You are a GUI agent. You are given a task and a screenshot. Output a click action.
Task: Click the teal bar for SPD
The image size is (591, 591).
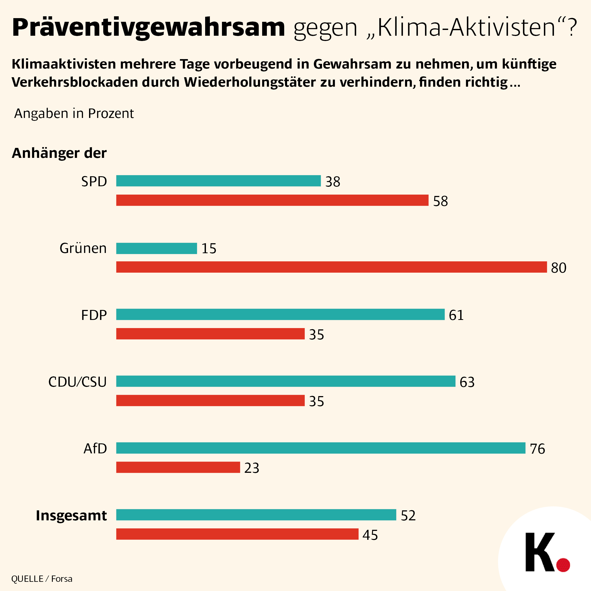[219, 181]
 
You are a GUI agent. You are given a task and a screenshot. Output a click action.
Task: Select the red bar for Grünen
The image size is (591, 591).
[331, 267]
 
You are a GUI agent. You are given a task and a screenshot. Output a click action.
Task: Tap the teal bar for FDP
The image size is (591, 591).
[280, 314]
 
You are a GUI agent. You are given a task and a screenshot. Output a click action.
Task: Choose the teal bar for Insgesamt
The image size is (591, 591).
[256, 515]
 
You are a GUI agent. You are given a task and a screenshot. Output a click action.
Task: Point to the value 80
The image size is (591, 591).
[559, 268]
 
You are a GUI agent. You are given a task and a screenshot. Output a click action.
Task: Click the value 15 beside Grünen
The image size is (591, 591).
[209, 248]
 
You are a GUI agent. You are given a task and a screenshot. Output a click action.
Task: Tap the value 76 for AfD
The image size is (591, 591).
[537, 449]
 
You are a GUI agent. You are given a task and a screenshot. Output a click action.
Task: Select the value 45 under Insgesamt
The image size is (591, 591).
[370, 535]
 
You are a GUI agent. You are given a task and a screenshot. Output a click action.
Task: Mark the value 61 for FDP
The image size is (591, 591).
[456, 315]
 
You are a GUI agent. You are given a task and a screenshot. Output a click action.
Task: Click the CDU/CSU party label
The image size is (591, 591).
[77, 382]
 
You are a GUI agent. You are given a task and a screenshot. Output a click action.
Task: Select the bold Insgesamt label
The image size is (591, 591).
[71, 515]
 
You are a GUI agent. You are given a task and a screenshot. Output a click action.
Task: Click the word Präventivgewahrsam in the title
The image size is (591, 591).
[148, 28]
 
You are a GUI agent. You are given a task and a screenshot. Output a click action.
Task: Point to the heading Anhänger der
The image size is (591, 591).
[59, 153]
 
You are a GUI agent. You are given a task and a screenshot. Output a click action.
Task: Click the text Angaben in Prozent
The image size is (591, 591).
[74, 113]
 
